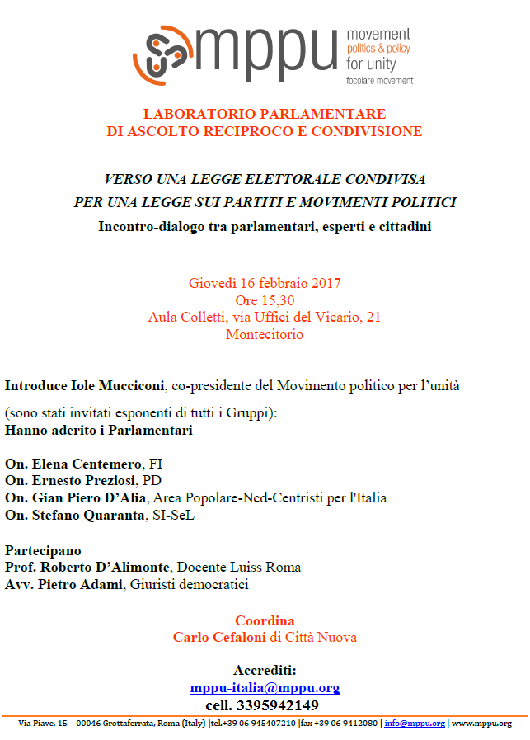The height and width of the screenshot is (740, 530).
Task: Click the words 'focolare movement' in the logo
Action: click(380, 80)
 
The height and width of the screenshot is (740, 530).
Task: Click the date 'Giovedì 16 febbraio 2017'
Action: click(265, 283)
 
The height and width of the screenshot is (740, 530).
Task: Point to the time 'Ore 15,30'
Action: click(265, 300)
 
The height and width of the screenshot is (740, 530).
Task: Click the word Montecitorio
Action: click(265, 334)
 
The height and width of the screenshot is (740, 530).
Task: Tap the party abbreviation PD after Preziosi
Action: click(152, 480)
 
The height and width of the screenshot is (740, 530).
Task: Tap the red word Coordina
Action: click(265, 620)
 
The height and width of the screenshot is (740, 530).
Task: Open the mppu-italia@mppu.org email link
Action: click(265, 688)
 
